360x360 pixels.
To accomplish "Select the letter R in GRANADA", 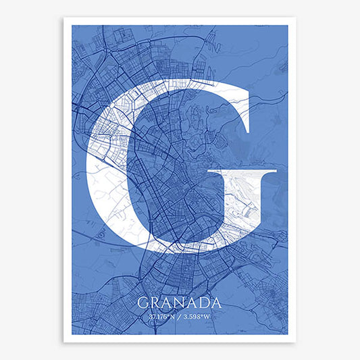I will click(155, 303).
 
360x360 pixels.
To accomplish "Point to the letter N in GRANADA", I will click(179, 303).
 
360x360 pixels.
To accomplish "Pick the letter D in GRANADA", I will click(203, 303).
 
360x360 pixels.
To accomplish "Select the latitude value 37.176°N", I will click(162, 316).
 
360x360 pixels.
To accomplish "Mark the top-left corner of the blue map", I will click(72, 26).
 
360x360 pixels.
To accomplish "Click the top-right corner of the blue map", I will click(288, 26).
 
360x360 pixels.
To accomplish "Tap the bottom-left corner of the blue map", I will click(72, 334).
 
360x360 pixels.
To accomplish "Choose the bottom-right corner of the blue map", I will click(288, 334).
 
